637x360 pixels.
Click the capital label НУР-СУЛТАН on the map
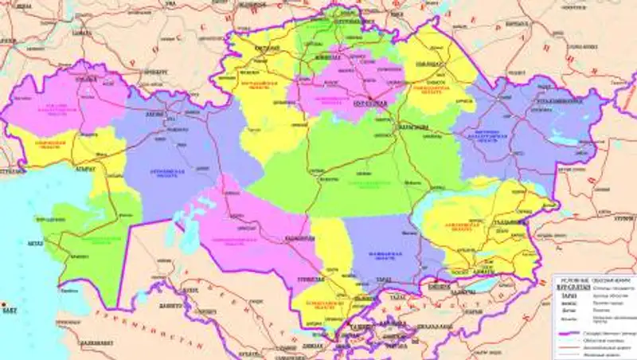click(x=370, y=104)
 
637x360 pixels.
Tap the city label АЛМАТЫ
click(x=475, y=270)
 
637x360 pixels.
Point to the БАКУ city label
click(x=10, y=311)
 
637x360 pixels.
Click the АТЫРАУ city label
click(x=85, y=169)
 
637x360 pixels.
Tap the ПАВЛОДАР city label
click(x=428, y=56)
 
